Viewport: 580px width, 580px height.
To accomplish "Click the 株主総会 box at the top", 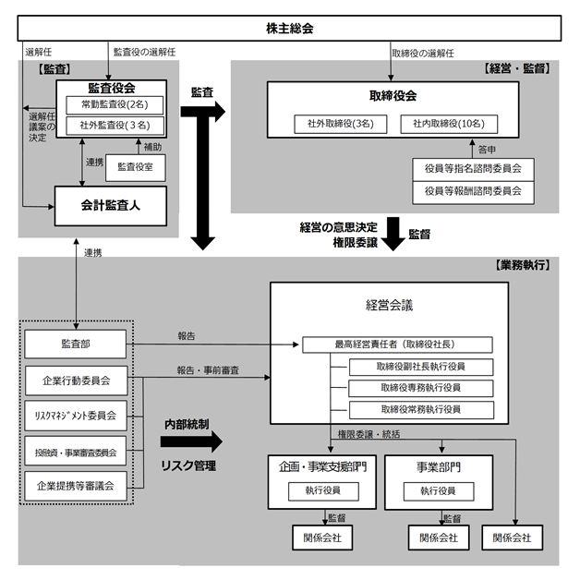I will click(290, 29).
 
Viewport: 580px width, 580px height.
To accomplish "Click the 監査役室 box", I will click(137, 166).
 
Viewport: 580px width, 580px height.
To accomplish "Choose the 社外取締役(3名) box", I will click(341, 124).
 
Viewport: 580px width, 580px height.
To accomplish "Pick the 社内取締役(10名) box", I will click(450, 124).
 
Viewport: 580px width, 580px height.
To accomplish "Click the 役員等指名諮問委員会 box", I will click(474, 169).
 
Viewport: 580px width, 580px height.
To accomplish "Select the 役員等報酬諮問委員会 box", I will click(474, 191).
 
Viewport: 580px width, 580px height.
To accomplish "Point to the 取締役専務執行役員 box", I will click(421, 388).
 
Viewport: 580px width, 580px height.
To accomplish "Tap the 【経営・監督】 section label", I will click(517, 69).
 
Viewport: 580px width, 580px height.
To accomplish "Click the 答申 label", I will click(486, 147).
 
